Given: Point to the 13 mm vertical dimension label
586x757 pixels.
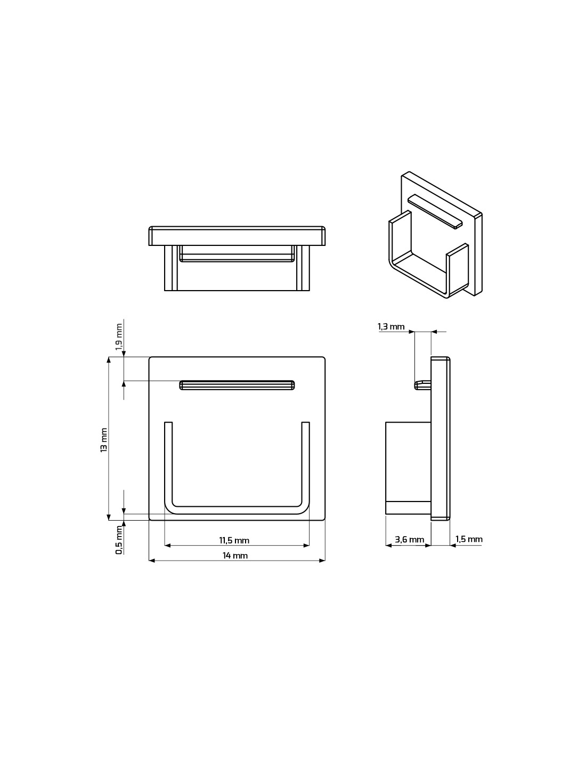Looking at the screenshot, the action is click(103, 445).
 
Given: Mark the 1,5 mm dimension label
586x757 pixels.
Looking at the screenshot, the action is click(469, 539).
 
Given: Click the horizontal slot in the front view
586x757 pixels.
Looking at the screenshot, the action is click(237, 385).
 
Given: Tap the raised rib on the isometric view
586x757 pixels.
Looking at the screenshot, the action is click(435, 211).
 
